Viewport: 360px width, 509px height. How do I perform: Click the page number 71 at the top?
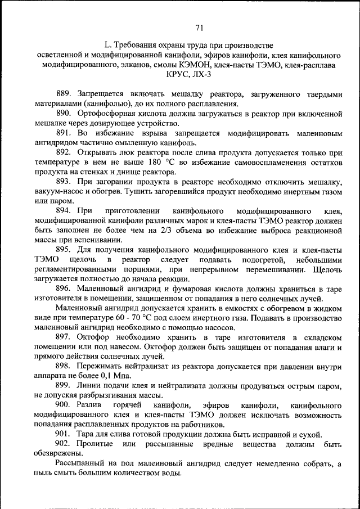click(x=199, y=28)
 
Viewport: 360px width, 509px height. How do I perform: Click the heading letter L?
click(x=106, y=45)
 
